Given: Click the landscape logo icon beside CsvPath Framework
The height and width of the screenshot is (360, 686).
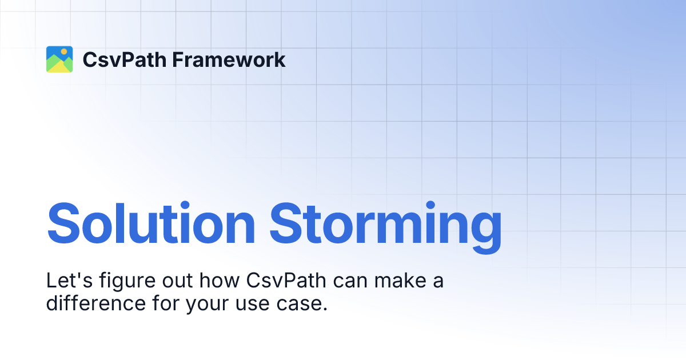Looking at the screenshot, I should point(59,59).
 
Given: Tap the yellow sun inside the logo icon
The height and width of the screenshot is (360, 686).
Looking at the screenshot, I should point(64,52).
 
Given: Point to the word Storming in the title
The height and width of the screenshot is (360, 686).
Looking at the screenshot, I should point(386,223).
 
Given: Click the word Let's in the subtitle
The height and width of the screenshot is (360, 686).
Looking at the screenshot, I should point(65,281).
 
